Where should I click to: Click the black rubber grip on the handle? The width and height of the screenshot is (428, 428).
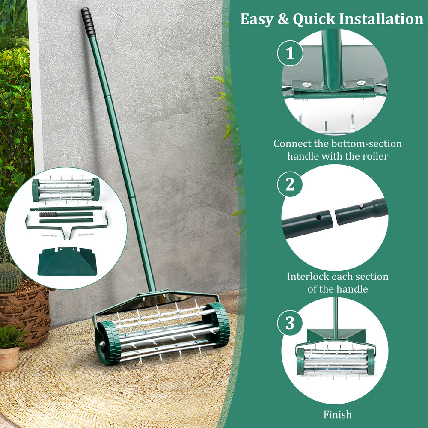point(88,23)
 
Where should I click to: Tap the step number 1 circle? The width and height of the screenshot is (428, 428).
point(290,54)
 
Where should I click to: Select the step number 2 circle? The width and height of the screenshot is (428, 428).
point(290,184)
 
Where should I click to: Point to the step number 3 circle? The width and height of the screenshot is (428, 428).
point(290,323)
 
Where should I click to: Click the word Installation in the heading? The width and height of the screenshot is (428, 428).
point(381,19)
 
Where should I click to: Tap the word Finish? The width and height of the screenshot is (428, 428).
point(337,414)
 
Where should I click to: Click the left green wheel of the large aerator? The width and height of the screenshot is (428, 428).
point(107,342)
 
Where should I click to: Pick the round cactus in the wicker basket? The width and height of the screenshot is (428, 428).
point(10,277)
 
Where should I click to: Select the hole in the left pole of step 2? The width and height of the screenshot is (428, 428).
point(319,217)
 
